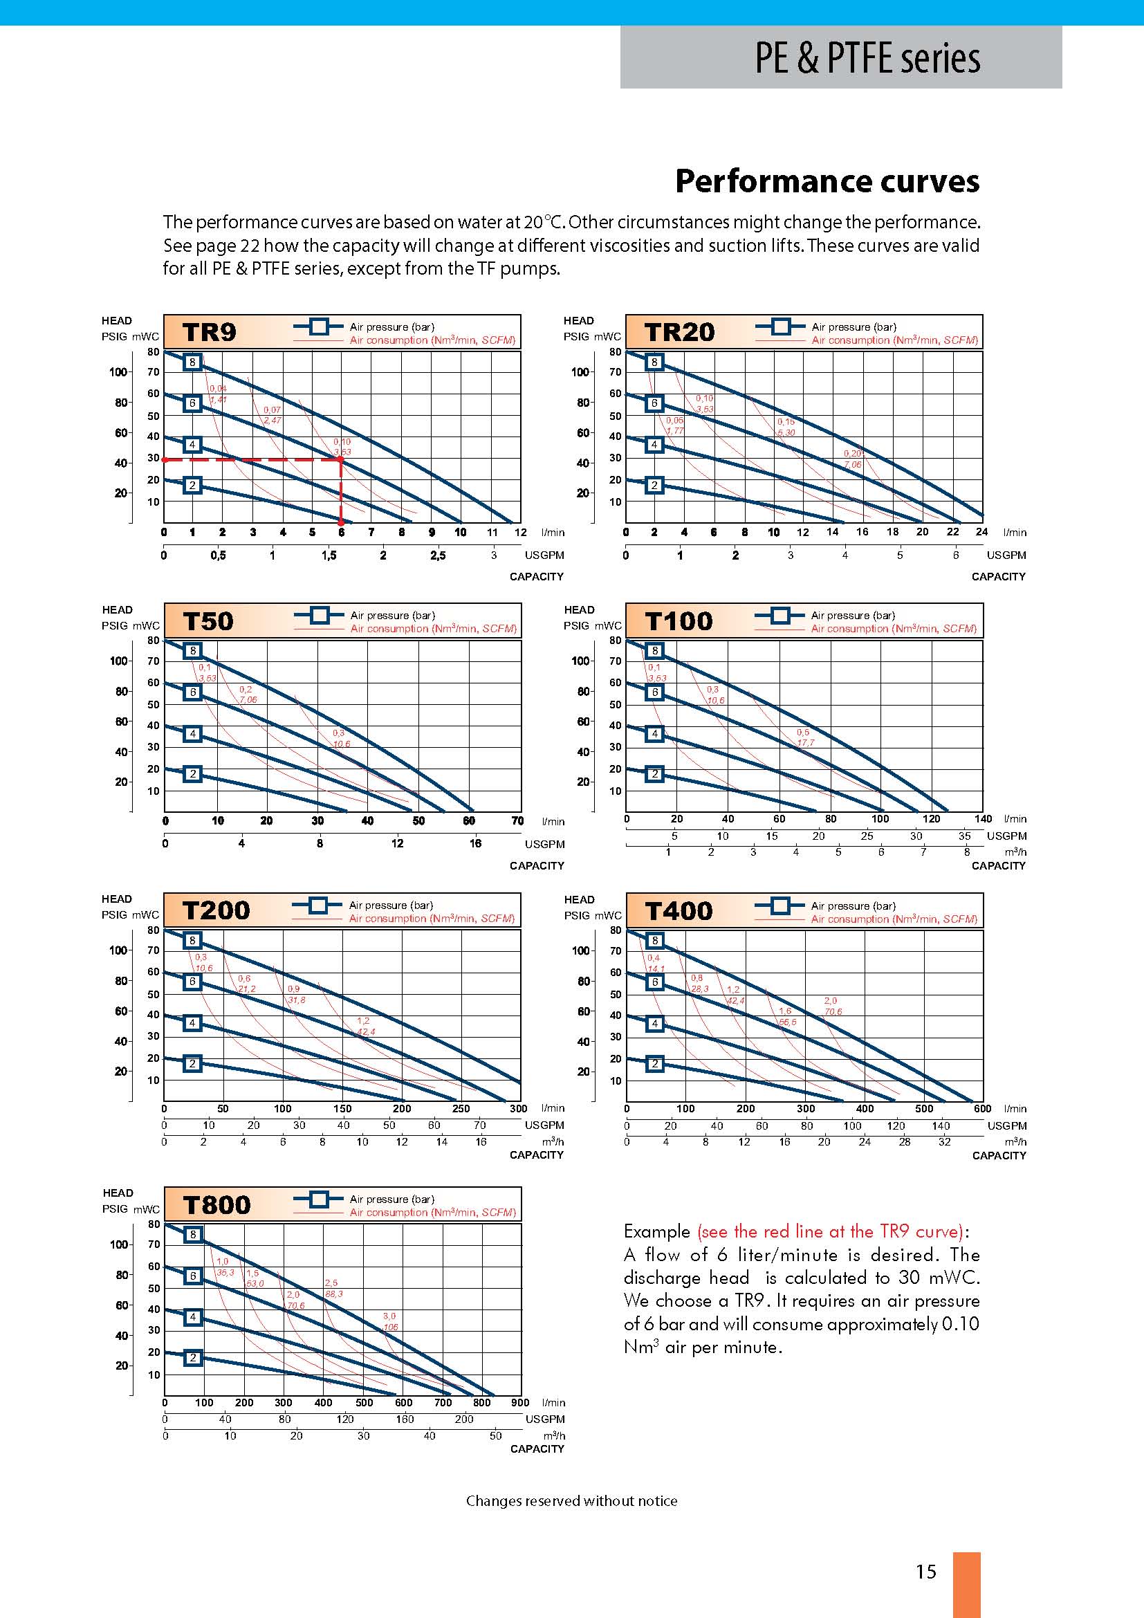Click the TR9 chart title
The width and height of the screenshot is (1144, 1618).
click(209, 332)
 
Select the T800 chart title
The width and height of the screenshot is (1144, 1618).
click(217, 1204)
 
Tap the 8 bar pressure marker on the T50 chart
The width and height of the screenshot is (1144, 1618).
click(192, 650)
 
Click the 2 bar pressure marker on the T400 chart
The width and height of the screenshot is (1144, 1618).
click(654, 1064)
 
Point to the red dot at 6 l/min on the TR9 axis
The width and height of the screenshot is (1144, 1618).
click(341, 522)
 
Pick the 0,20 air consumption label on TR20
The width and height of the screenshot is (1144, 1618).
click(852, 454)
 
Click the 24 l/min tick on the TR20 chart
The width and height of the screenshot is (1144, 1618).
click(981, 532)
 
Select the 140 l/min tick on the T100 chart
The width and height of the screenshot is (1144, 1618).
click(983, 819)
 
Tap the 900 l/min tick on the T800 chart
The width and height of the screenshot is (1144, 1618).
click(520, 1402)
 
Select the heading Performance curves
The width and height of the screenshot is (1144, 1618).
click(827, 181)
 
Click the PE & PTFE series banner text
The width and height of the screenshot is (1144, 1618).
click(867, 59)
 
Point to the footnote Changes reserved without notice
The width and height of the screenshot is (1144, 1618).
click(571, 1501)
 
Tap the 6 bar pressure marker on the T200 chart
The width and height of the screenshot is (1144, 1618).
click(192, 982)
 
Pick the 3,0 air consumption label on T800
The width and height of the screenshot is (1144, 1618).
click(389, 1316)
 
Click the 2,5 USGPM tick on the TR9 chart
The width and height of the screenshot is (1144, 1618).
click(437, 555)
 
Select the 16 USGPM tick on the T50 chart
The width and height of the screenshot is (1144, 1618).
click(475, 843)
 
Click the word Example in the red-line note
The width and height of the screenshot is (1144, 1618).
click(656, 1231)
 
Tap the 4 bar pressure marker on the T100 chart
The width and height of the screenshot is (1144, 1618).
click(654, 733)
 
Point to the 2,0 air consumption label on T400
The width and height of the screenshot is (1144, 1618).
click(831, 1001)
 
